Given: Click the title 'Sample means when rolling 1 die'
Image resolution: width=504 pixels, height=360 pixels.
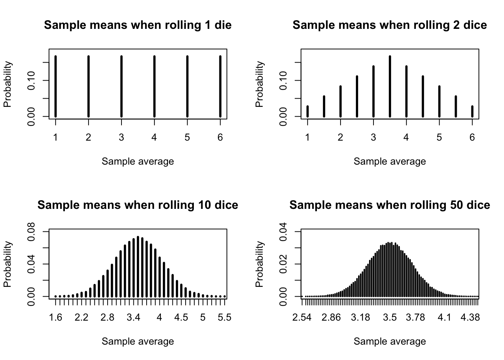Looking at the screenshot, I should click(x=138, y=25).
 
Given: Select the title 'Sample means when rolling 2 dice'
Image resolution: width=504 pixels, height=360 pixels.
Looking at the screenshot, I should click(x=390, y=25).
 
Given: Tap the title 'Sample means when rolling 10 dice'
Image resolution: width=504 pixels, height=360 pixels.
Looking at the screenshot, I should click(x=138, y=205).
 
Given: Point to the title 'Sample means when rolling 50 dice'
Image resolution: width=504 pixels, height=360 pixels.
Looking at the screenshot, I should click(x=390, y=205).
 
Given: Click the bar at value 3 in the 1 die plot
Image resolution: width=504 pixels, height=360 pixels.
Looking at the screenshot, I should click(x=121, y=87).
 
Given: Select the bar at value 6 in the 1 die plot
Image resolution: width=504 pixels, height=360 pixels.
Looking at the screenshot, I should click(x=220, y=87).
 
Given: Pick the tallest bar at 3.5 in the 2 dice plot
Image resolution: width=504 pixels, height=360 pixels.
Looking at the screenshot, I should click(x=390, y=87).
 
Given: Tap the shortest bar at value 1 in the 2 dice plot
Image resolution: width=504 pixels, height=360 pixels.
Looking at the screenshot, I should click(x=307, y=111).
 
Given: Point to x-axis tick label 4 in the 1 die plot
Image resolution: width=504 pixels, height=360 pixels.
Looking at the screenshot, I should click(x=154, y=138).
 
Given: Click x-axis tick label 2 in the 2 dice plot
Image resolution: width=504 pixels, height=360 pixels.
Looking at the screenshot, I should click(x=340, y=138).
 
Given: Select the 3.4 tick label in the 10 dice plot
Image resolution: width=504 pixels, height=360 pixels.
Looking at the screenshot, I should click(x=133, y=318).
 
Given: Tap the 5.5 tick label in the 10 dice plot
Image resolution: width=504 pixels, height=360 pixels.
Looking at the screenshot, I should click(x=224, y=318).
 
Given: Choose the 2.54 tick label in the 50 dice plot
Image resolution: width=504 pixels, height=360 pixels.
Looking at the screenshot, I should click(x=302, y=318).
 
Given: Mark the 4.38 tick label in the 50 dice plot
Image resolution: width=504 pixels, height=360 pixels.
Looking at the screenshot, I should click(x=470, y=318).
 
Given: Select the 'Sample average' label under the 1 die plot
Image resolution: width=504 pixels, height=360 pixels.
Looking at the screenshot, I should click(x=138, y=162).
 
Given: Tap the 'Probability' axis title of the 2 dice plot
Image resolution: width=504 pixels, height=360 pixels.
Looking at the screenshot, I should click(x=259, y=84).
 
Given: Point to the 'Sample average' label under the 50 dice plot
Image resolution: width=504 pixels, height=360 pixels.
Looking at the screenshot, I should click(x=390, y=342).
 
